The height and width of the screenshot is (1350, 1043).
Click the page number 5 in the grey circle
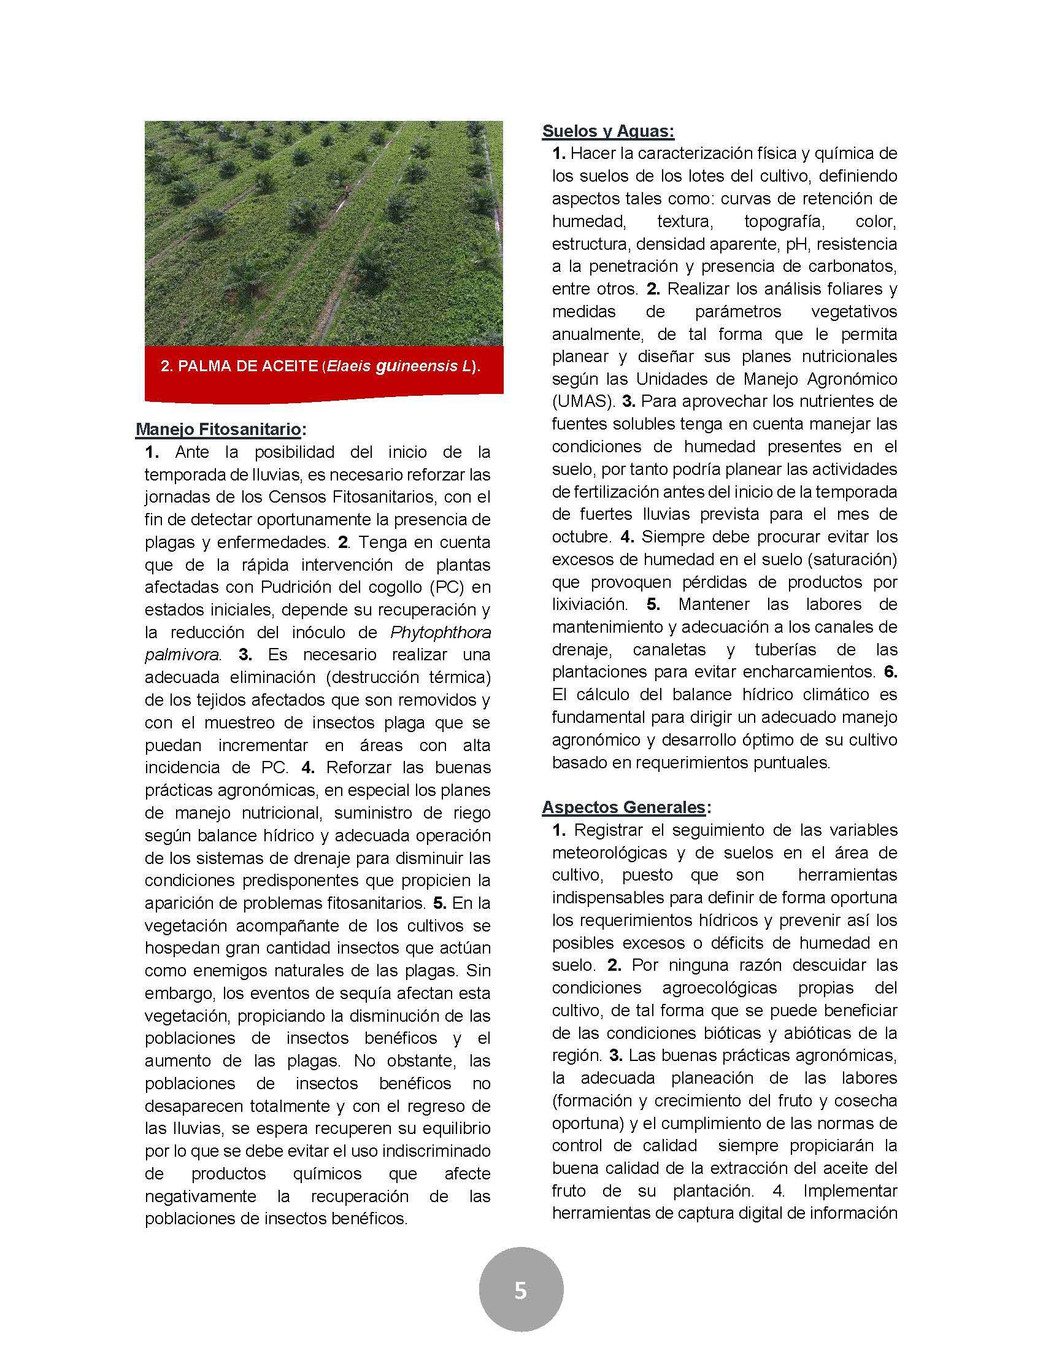pyautogui.click(x=520, y=1290)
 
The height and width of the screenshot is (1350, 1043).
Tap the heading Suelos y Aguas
pyautogui.click(x=608, y=131)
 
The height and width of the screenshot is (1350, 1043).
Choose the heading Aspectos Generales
pyautogui.click(x=624, y=807)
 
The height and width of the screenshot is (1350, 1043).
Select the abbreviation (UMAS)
pyautogui.click(x=583, y=402)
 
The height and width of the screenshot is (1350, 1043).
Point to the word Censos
pyautogui.click(x=299, y=497)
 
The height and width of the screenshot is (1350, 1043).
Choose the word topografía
pyautogui.click(x=782, y=222)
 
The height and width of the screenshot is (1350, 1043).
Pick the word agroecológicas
pyautogui.click(x=719, y=987)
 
